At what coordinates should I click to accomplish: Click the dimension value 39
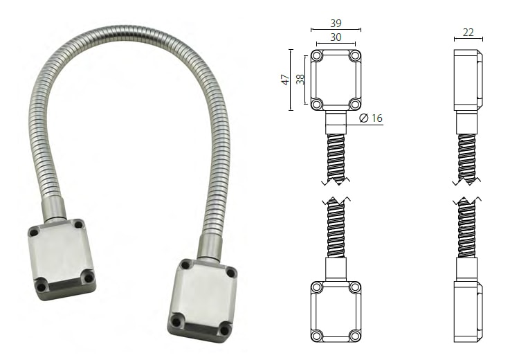tap(336, 24)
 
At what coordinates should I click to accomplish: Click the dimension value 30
tap(336, 37)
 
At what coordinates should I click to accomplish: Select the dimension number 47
tap(285, 80)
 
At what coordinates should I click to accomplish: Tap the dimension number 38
tap(300, 79)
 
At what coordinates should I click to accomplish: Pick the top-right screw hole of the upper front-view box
tap(355, 55)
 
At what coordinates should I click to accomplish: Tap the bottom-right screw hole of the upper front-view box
tap(355, 105)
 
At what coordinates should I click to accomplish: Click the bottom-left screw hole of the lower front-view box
tap(316, 336)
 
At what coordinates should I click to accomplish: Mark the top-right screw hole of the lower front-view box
tap(355, 287)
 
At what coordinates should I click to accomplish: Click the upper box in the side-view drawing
tap(468, 80)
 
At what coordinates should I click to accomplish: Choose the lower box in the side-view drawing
tap(468, 311)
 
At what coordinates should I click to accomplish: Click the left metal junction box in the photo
tap(61, 257)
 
